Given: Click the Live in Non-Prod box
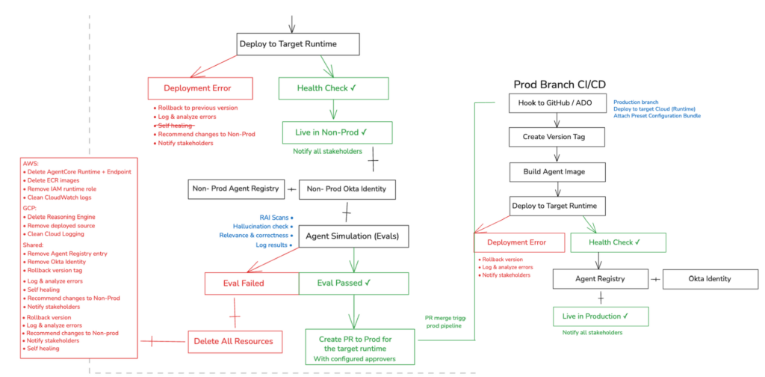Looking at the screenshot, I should [326, 132].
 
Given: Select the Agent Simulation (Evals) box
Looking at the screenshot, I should [352, 236].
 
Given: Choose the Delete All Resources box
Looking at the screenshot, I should [234, 341].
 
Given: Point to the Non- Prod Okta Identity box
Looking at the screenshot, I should [347, 189].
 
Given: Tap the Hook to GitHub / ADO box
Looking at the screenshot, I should [556, 103].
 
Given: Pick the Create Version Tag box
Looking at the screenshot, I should [556, 137].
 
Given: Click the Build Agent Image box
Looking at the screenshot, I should [556, 171].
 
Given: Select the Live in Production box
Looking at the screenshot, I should [595, 316].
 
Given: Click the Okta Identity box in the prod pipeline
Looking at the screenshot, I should [709, 279].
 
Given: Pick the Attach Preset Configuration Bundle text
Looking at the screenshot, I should [657, 115].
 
